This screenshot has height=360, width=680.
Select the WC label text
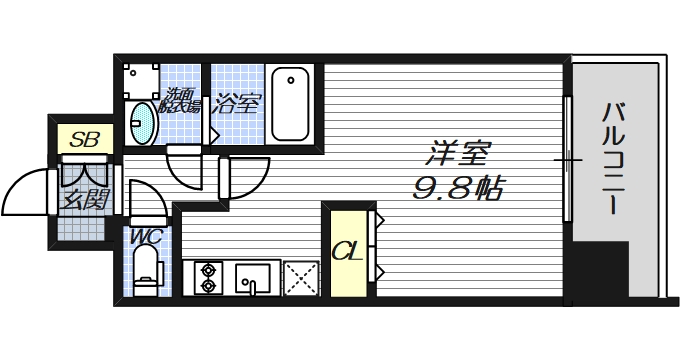(x=146, y=238)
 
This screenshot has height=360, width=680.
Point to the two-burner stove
(x=209, y=276)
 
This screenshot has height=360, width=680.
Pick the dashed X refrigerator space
(x=300, y=276)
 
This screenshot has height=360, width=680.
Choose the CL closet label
(x=345, y=250)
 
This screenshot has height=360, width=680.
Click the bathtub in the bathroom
(x=291, y=104)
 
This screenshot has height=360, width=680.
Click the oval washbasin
(x=143, y=120)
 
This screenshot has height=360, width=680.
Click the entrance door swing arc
(x=25, y=190)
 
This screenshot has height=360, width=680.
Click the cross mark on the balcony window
(x=568, y=160)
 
